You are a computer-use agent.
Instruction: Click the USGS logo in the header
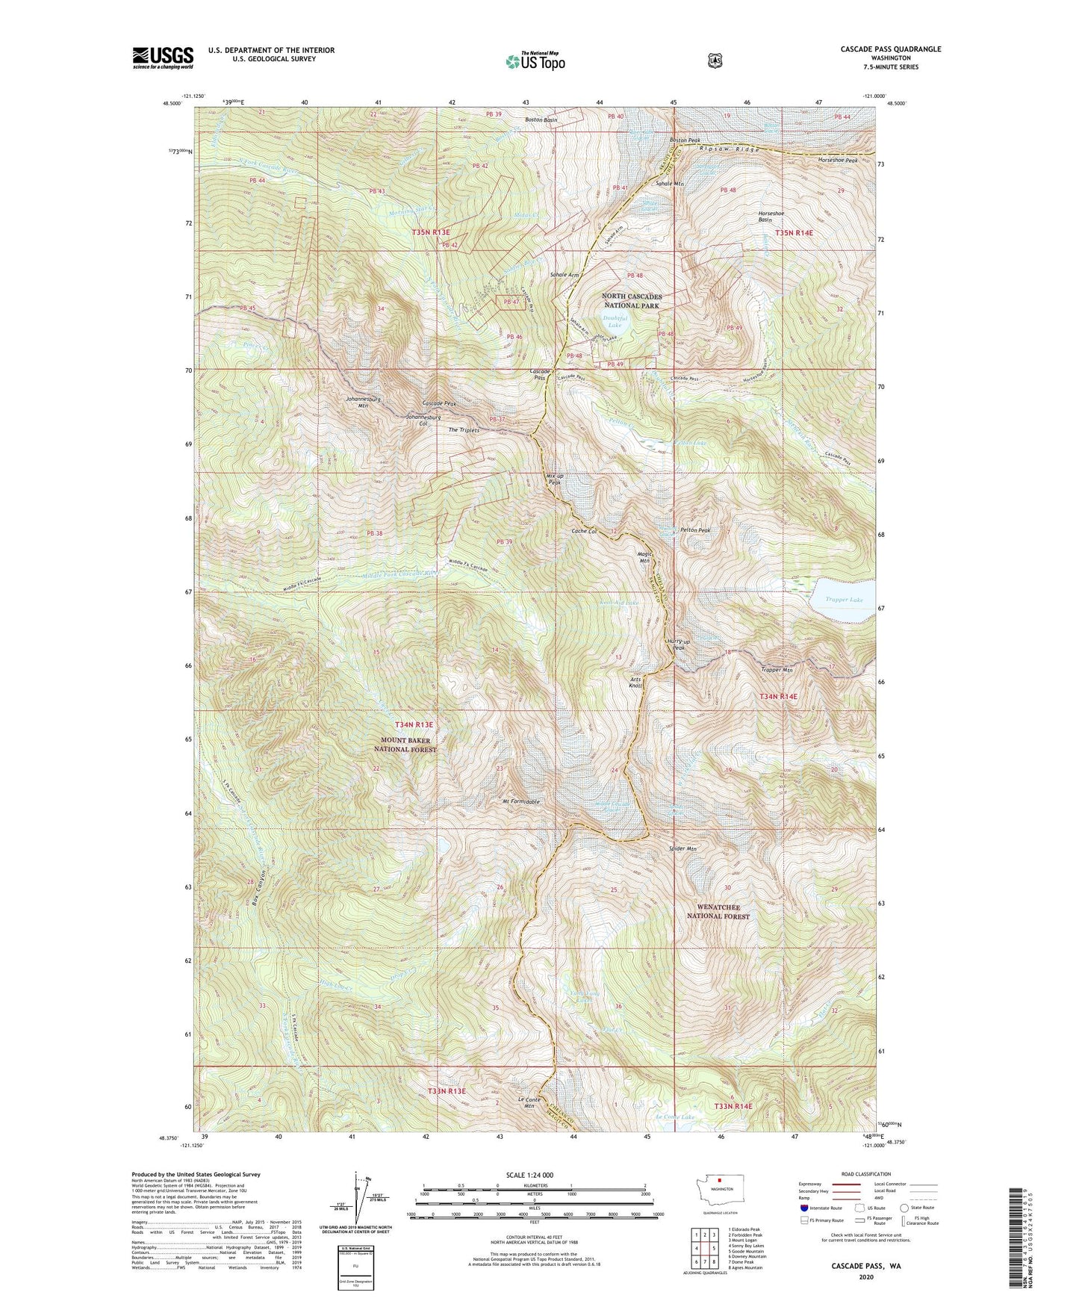[163, 58]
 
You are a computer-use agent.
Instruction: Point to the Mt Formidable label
[521, 801]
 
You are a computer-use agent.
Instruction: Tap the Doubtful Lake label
[615, 321]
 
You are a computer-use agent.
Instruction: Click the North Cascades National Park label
[632, 300]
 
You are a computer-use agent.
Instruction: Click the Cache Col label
[584, 531]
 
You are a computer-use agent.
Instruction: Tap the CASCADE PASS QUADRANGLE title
[890, 49]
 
